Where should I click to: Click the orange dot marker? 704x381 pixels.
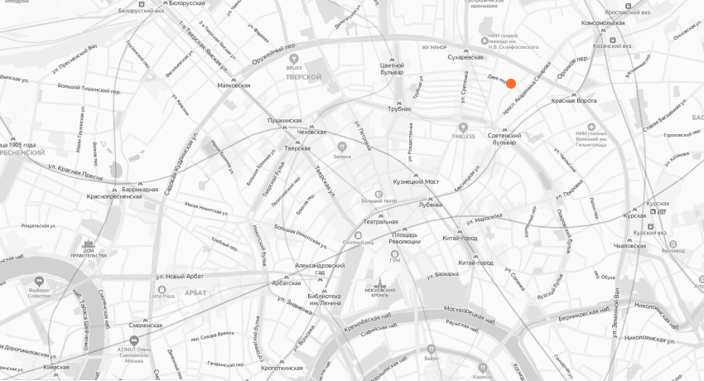pyautogui.click(x=511, y=84)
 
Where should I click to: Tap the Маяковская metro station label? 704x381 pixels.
pyautogui.click(x=233, y=84)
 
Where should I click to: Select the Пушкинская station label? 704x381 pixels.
pyautogui.click(x=285, y=121)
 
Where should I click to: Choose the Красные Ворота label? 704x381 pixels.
pyautogui.click(x=574, y=101)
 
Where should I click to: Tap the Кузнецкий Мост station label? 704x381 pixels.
pyautogui.click(x=416, y=181)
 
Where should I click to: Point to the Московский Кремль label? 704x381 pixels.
pyautogui.click(x=380, y=292)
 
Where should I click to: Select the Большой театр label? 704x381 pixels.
pyautogui.click(x=379, y=200)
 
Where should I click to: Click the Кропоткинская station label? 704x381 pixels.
pyautogui.click(x=282, y=367)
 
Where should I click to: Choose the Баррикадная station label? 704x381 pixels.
pyautogui.click(x=139, y=190)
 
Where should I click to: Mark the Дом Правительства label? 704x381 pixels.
pyautogui.click(x=89, y=253)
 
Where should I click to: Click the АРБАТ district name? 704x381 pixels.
pyautogui.click(x=196, y=292)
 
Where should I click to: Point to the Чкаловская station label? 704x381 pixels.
pyautogui.click(x=630, y=246)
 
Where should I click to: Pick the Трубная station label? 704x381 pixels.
pyautogui.click(x=399, y=109)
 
